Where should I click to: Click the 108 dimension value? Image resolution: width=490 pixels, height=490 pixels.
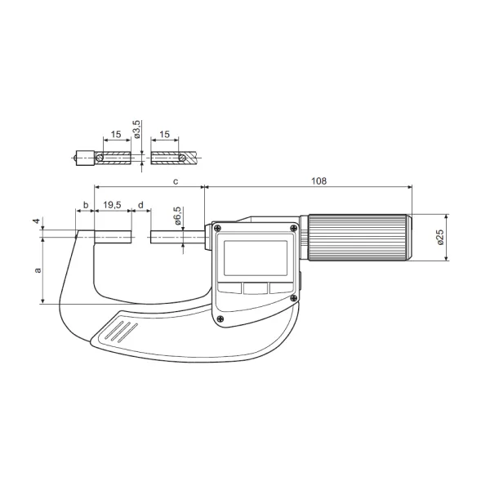pyautogui.click(x=318, y=181)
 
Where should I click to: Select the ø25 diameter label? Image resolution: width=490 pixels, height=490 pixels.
pyautogui.click(x=440, y=237)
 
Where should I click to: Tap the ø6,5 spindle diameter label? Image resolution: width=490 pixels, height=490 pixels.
pyautogui.click(x=177, y=216)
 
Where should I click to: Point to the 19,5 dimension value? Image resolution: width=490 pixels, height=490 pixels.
pyautogui.click(x=112, y=205)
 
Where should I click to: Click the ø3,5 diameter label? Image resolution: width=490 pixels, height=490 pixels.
pyautogui.click(x=137, y=129)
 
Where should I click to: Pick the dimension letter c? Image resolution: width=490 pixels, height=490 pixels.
pyautogui.click(x=176, y=181)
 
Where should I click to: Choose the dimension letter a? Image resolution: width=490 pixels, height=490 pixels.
pyautogui.click(x=38, y=270)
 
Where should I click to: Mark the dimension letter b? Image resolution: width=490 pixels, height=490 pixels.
pyautogui.click(x=86, y=205)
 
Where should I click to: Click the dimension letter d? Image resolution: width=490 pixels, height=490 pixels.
pyautogui.click(x=140, y=205)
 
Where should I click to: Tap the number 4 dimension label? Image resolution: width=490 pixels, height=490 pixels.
pyautogui.click(x=37, y=221)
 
